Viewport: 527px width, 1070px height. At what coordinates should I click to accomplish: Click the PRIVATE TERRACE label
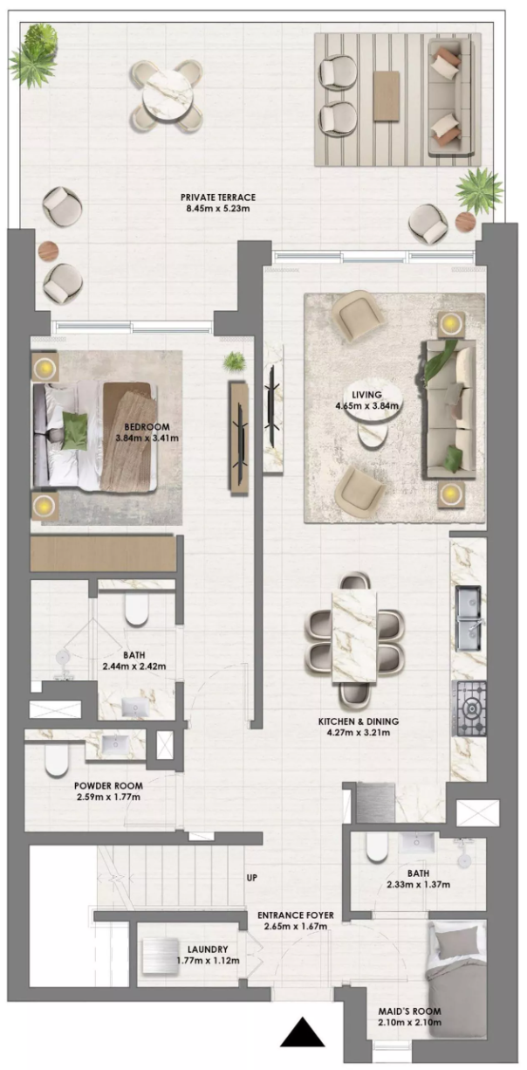coord(217,197)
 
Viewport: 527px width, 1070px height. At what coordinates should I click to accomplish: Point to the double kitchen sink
coord(470,619)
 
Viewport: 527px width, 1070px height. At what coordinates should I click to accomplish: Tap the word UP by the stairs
coord(252,877)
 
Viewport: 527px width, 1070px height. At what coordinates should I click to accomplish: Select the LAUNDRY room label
coord(208,949)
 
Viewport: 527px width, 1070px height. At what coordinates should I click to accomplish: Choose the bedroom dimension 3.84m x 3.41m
coord(147,438)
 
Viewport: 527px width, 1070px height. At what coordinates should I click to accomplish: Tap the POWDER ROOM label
coord(108,785)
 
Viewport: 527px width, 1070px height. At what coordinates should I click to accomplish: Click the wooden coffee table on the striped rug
coord(387,95)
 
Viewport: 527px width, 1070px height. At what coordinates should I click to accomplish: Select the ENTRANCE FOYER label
coord(296,915)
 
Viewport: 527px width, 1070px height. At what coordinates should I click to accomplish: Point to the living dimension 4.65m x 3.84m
coord(367,406)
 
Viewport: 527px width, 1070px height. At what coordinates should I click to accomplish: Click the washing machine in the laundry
coord(161,956)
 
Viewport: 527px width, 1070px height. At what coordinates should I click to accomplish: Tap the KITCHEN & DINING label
coord(358,721)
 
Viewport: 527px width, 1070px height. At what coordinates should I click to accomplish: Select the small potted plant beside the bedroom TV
coord(234,361)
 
